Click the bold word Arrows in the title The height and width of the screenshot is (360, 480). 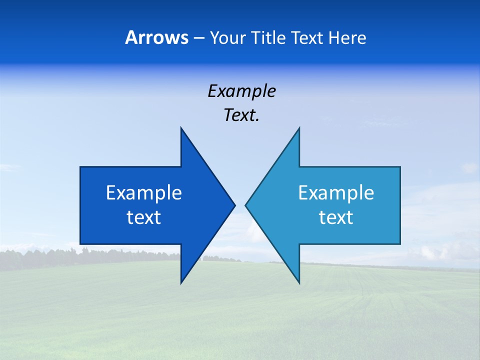(x=156, y=37)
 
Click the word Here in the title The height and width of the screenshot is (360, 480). (x=347, y=38)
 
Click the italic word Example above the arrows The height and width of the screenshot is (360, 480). (x=241, y=91)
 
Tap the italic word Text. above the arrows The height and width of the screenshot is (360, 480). (x=241, y=115)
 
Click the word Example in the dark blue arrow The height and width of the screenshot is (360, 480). (x=144, y=193)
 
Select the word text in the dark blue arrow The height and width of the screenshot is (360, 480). (x=144, y=217)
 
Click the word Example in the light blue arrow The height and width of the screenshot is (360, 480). (x=336, y=193)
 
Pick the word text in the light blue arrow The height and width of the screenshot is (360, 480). (x=336, y=217)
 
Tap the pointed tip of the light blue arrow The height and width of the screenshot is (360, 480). (x=246, y=205)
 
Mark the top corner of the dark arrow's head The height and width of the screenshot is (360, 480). (x=181, y=128)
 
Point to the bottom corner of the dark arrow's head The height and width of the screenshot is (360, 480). (x=181, y=282)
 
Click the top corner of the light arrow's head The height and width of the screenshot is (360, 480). (x=298, y=128)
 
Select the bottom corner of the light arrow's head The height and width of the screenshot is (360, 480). (x=298, y=282)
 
